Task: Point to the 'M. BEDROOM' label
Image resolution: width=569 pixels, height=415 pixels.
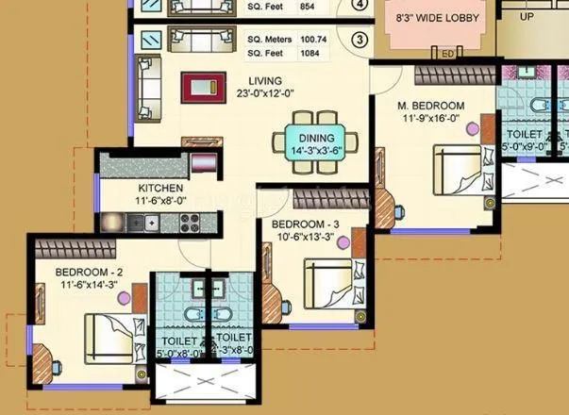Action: (431, 105)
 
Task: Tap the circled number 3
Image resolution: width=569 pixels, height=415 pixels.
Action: (359, 41)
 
